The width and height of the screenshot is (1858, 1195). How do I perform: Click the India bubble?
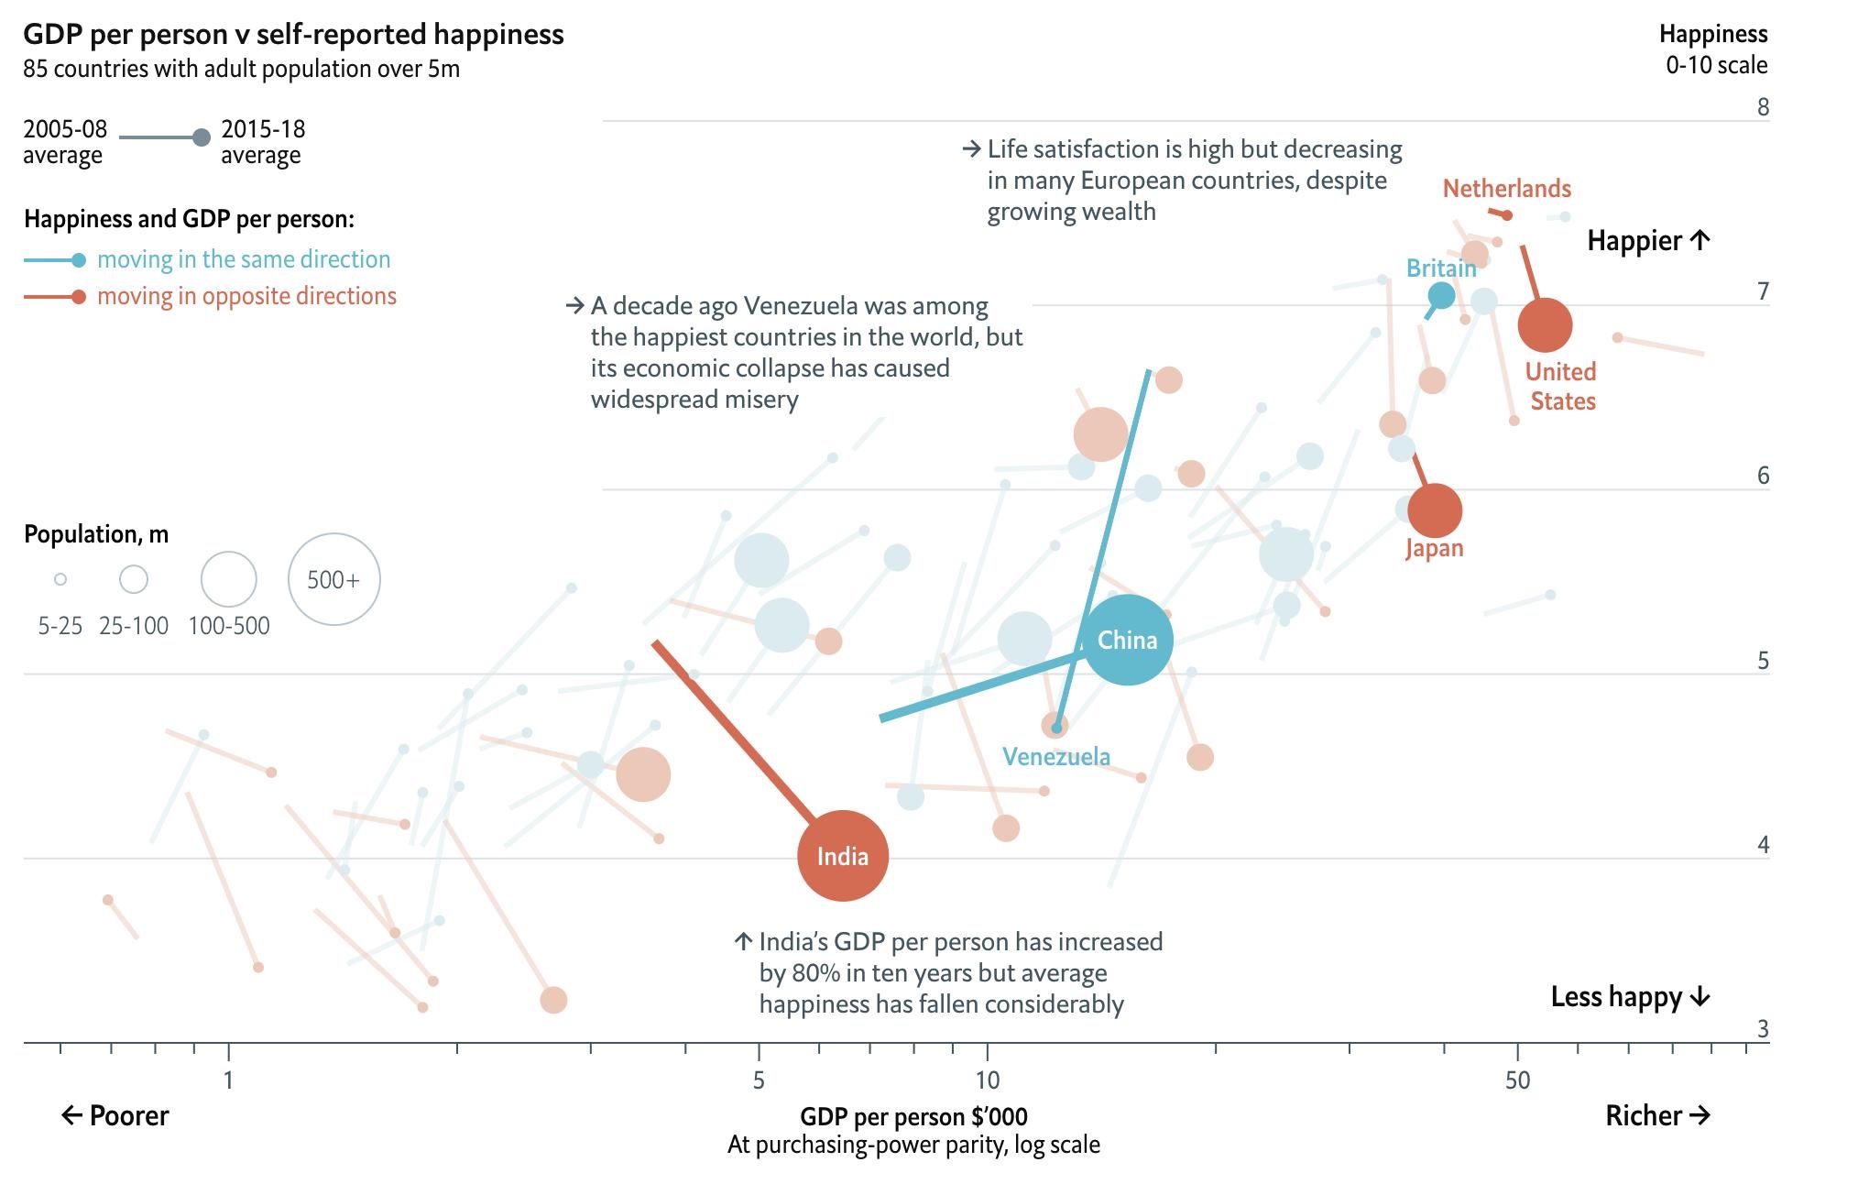[x=843, y=856]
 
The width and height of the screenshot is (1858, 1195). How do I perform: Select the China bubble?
[x=1127, y=640]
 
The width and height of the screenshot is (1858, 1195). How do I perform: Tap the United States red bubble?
[x=1545, y=324]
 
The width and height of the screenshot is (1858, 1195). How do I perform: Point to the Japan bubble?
[x=1435, y=510]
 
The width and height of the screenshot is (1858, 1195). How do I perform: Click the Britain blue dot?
[x=1441, y=295]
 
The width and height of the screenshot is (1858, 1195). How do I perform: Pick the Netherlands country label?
[x=1506, y=189]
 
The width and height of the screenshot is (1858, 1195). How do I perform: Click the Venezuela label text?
[x=1055, y=757]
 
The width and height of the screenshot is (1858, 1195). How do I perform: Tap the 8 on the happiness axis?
[x=1763, y=107]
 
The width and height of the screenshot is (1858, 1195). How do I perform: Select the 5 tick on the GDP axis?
[x=759, y=1080]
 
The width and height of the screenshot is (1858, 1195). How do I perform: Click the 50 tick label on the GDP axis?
[x=1517, y=1080]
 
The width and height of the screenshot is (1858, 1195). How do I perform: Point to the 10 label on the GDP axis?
[x=987, y=1080]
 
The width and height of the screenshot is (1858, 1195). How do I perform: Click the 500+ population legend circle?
[x=333, y=579]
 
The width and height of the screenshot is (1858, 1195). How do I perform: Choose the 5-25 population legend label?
[x=60, y=626]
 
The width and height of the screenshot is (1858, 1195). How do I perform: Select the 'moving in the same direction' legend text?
[x=244, y=259]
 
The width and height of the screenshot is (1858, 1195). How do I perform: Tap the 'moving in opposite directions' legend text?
[x=246, y=296]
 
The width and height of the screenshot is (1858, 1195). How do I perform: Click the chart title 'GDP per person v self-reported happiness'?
[x=293, y=35]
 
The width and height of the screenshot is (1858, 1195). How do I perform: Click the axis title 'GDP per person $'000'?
[x=913, y=1116]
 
